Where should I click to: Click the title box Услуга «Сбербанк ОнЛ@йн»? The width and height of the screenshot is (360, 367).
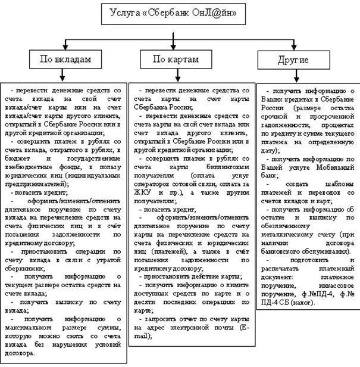coord(180,14)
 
